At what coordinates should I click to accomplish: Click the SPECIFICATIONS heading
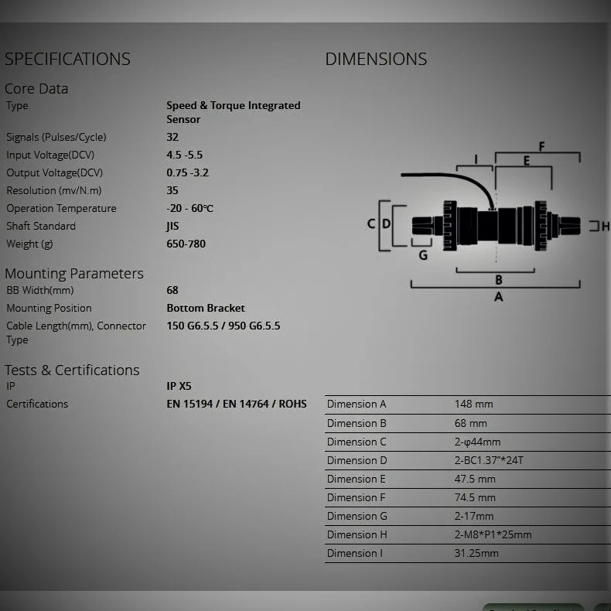67,59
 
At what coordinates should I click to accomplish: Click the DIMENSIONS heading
376,59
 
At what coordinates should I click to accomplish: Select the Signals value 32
172,137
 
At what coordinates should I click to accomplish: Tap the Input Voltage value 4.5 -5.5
185,155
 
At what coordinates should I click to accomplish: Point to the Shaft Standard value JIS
172,226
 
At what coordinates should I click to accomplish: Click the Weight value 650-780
186,244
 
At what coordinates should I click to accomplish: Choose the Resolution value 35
172,190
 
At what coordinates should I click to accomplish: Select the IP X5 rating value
179,386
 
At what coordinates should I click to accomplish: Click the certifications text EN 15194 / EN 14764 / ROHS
237,404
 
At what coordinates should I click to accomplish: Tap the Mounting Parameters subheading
74,273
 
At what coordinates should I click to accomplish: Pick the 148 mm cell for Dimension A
473,404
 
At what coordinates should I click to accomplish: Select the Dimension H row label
357,534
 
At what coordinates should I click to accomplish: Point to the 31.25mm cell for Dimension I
476,553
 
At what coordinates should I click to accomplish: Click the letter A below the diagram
498,296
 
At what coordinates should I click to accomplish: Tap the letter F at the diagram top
541,146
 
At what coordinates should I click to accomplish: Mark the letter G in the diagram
423,255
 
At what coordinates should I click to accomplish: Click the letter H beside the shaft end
606,227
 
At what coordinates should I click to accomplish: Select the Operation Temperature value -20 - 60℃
190,208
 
